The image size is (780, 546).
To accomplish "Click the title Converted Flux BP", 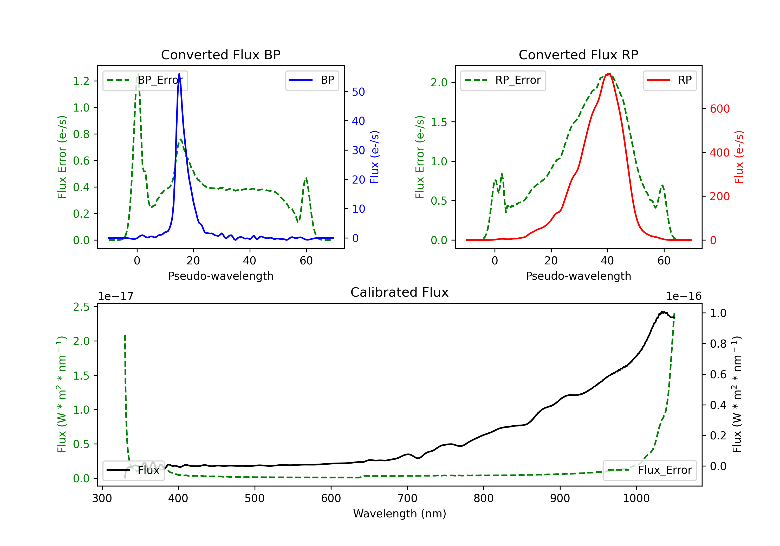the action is pos(221,55).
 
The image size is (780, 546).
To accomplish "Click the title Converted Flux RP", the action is pos(578,55).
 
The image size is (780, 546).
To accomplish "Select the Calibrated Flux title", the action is pos(400,292).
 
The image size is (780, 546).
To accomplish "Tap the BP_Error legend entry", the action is pos(145,81).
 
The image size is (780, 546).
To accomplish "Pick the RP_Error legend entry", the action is pos(503,81).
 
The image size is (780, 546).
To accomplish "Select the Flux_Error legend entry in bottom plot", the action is pos(649,470).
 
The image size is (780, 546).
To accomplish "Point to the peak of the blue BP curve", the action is pos(179,74).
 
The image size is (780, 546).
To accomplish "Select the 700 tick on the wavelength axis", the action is pos(407,498).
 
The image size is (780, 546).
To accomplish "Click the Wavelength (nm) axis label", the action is pos(400,513).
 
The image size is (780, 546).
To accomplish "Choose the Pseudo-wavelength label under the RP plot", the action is pos(578,276).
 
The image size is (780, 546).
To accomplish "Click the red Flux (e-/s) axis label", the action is pos(739,157).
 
